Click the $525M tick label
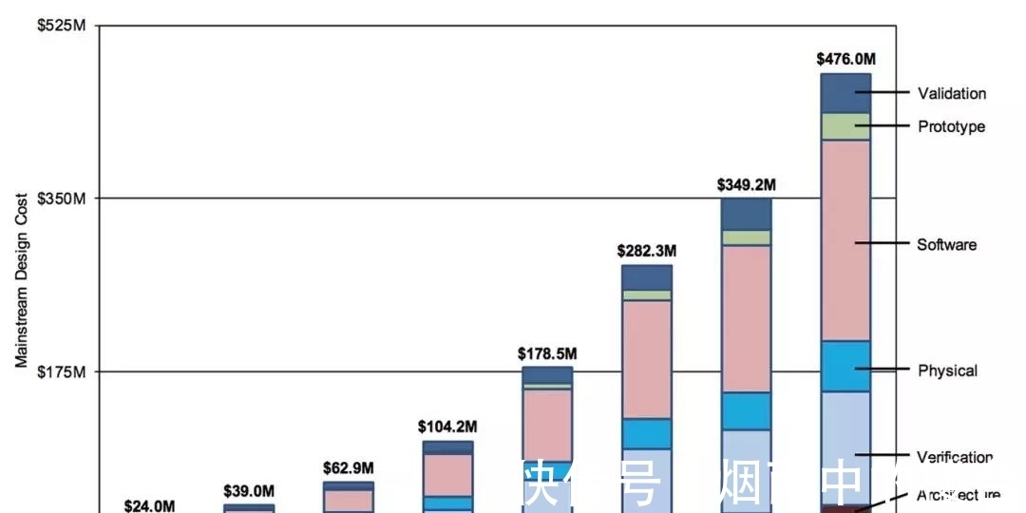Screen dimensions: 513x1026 click(62, 26)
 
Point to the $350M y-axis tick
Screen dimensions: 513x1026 click(62, 199)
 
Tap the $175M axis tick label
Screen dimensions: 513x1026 click(62, 371)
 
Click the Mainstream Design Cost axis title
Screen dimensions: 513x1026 click(20, 280)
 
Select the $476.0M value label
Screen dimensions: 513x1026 click(846, 59)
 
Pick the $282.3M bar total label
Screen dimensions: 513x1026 click(647, 251)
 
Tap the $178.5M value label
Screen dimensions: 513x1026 click(547, 353)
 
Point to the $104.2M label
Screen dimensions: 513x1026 click(447, 427)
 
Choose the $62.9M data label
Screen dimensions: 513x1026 click(348, 468)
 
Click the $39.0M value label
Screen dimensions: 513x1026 click(248, 491)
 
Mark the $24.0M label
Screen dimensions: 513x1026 click(149, 506)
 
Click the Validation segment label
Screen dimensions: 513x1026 click(951, 93)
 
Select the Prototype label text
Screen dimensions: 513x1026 click(951, 126)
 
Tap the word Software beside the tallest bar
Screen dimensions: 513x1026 click(946, 244)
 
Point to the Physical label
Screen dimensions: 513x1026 click(947, 370)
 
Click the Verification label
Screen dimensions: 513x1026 click(955, 457)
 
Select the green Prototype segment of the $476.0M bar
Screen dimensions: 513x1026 click(845, 126)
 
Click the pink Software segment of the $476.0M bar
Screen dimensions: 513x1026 click(845, 239)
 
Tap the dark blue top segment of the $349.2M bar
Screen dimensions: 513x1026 click(747, 214)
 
